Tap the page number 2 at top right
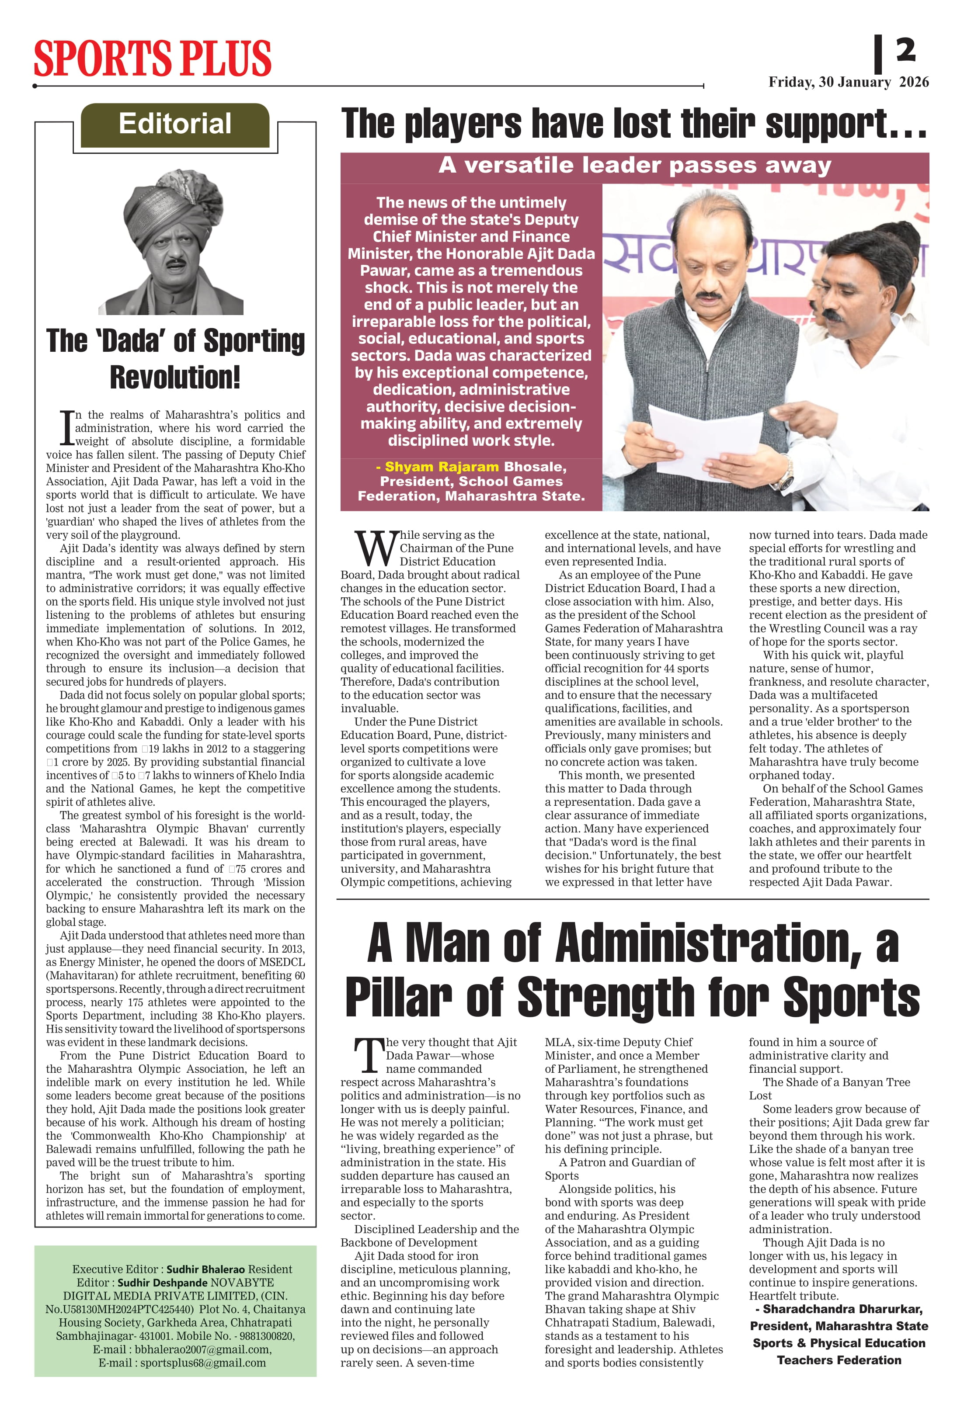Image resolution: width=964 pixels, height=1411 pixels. pyautogui.click(x=905, y=50)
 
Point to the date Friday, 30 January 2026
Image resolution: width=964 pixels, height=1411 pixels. pyautogui.click(x=848, y=82)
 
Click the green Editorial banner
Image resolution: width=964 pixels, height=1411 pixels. pyautogui.click(x=175, y=125)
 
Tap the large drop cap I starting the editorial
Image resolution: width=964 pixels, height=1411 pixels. pyautogui.click(x=67, y=428)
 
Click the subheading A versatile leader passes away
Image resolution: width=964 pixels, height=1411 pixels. pyautogui.click(x=634, y=165)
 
